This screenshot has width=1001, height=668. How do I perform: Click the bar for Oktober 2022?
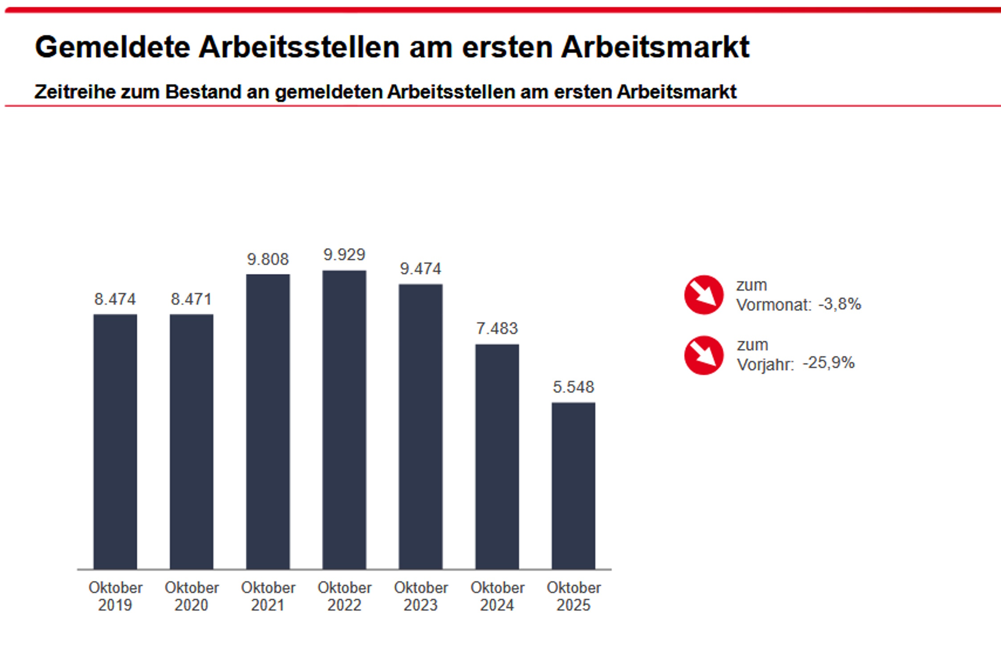(344, 420)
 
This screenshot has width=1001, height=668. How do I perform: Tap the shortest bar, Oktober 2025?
(573, 485)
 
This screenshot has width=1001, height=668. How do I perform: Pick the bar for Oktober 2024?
(497, 456)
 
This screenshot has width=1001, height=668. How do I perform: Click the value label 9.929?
(344, 255)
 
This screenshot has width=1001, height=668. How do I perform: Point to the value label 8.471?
(191, 299)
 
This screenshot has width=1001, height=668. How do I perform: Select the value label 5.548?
(573, 387)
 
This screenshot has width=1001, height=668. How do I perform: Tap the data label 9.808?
(268, 259)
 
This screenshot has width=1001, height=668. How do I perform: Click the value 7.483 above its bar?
(497, 329)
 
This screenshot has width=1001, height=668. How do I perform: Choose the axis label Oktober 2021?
(268, 596)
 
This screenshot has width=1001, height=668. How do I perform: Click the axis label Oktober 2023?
(421, 596)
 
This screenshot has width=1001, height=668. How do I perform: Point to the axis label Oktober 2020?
(191, 596)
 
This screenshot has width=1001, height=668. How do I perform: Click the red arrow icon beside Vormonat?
(704, 295)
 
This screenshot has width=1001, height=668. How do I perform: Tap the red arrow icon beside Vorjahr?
(704, 355)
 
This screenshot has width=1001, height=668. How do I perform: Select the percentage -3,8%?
(839, 304)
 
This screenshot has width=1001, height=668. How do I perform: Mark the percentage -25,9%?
(828, 363)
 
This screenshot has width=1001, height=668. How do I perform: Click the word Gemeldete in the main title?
(113, 47)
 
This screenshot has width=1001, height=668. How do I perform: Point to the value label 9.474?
(420, 269)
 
